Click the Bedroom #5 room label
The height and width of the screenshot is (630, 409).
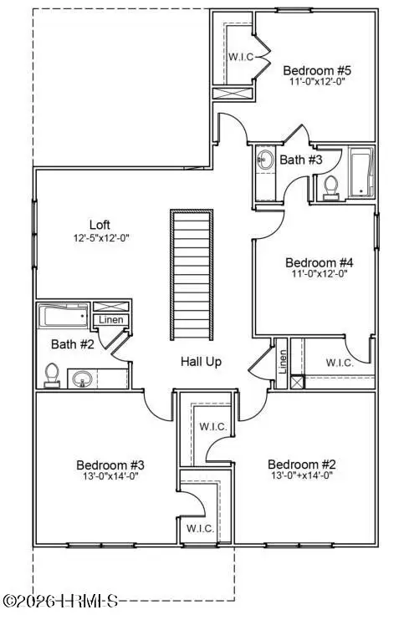click(313, 70)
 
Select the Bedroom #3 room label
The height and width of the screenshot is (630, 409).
click(110, 465)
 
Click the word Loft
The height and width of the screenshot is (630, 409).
click(100, 225)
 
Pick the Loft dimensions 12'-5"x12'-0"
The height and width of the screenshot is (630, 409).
click(100, 237)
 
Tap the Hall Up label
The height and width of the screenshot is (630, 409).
click(202, 362)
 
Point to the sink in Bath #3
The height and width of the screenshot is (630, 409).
click(265, 160)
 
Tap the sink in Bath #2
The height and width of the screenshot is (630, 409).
click(84, 381)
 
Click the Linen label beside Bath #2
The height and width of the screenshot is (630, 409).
click(110, 320)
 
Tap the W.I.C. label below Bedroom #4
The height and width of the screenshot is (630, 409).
click(339, 363)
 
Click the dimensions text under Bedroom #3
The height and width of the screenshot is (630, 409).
click(110, 477)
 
